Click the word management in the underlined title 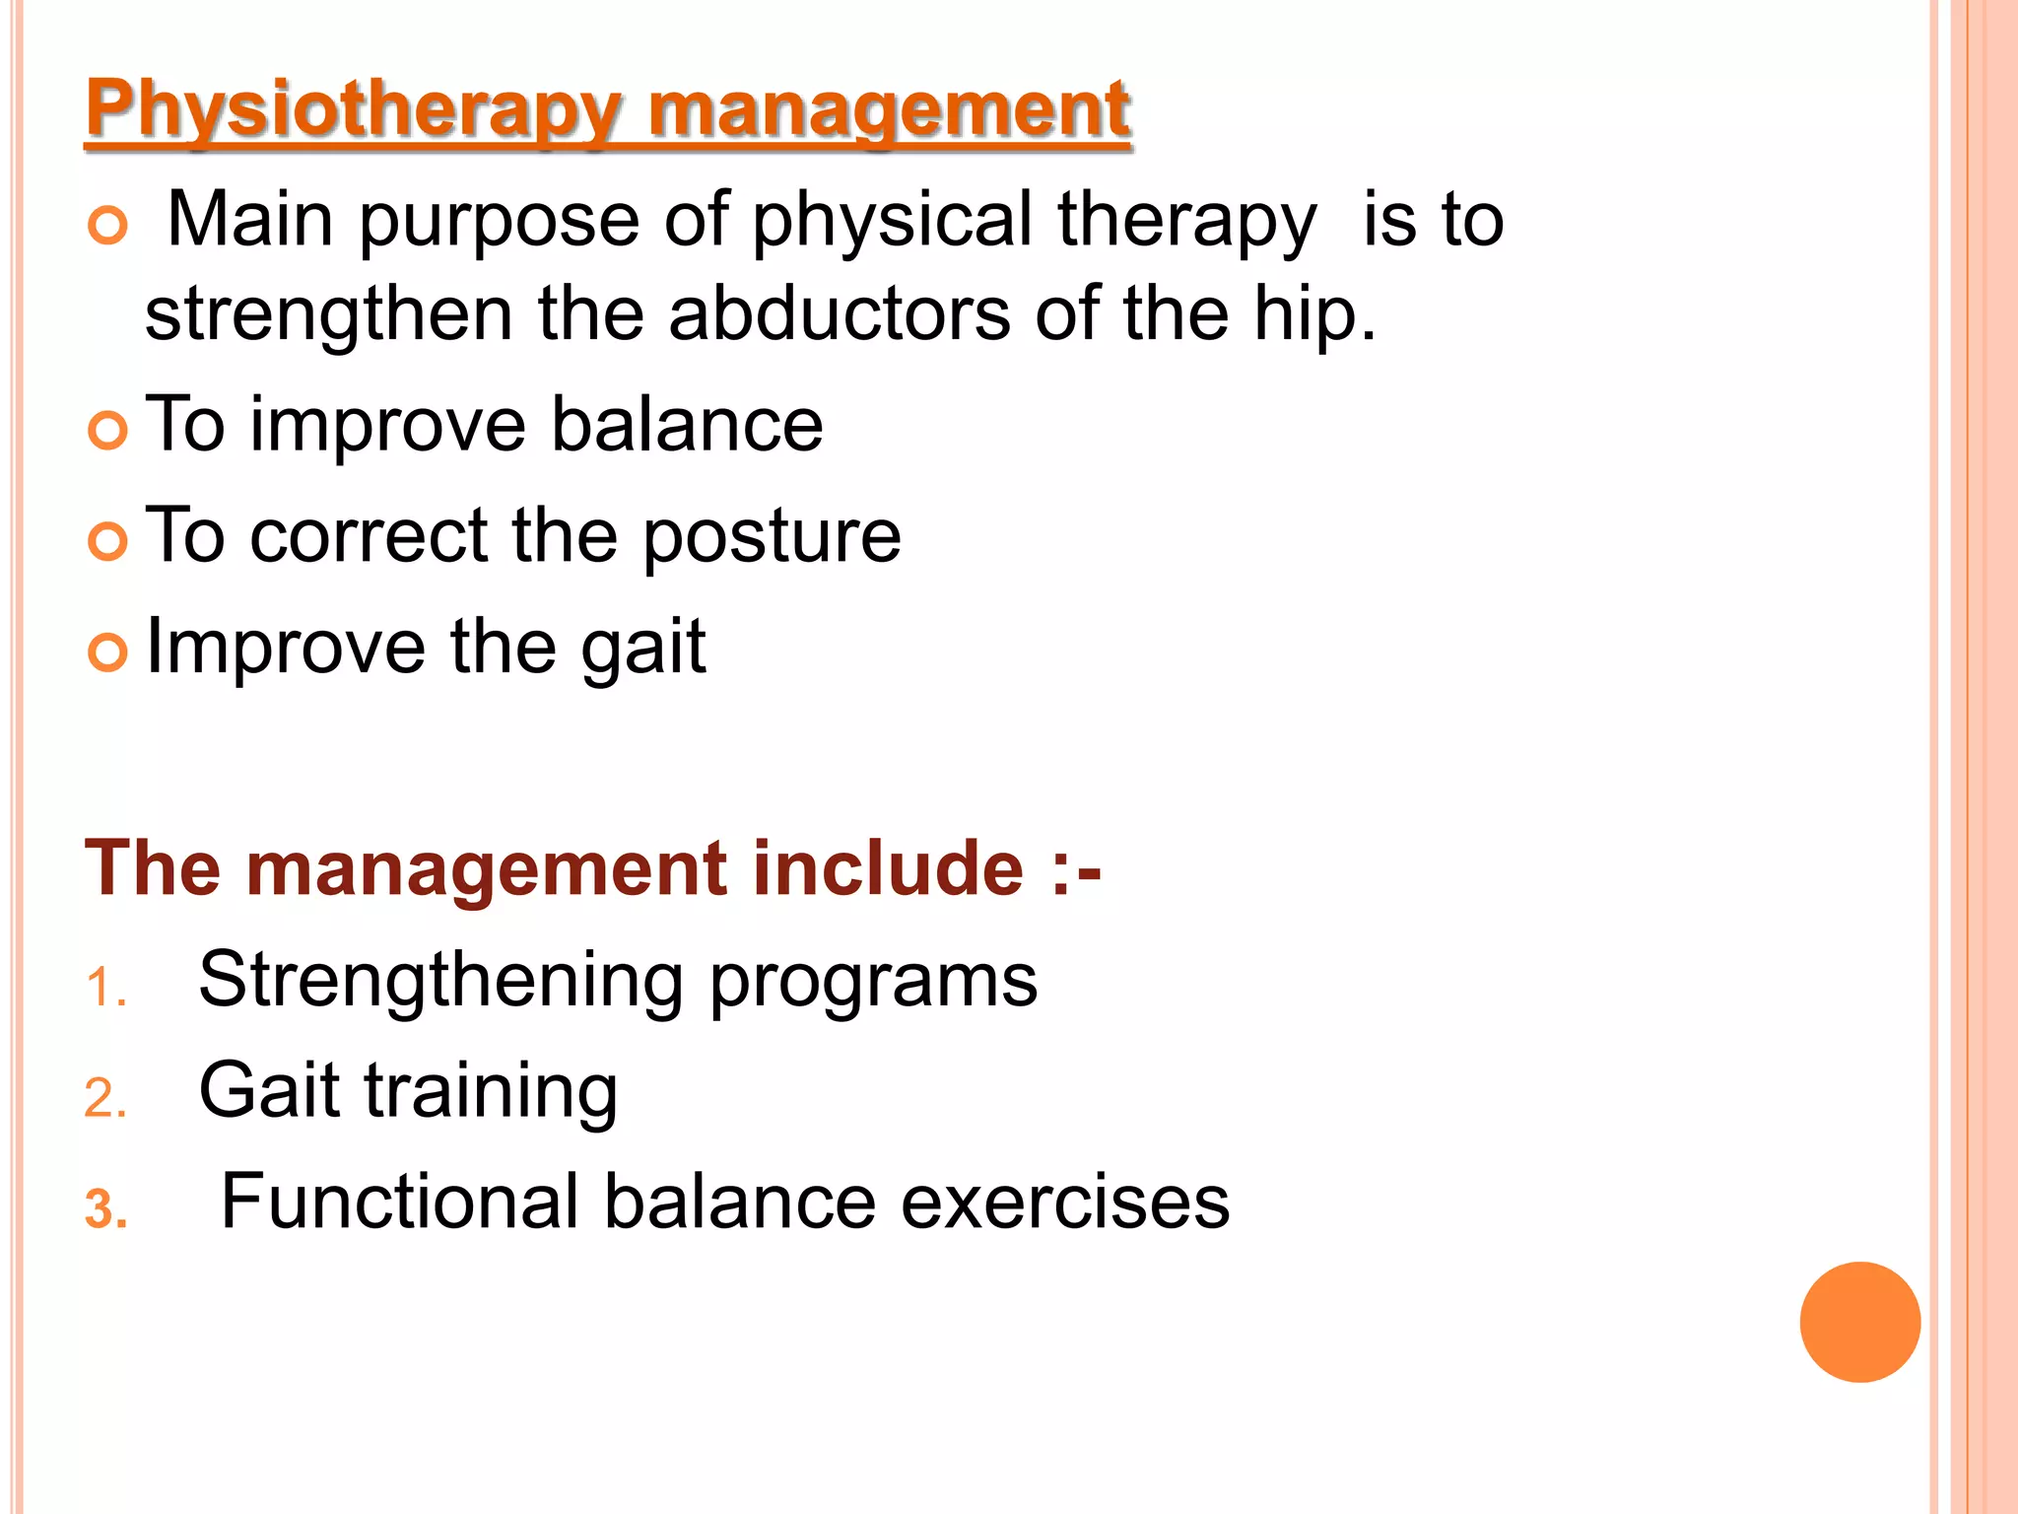[889, 110]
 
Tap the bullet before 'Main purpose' [107, 226]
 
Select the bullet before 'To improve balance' [107, 431]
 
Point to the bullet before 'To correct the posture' [107, 541]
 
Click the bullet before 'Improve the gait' [107, 653]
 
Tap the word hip [1313, 316]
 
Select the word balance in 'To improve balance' [686, 425]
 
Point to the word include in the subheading [888, 868]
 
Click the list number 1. [104, 988]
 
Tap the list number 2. [104, 1099]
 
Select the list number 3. [105, 1210]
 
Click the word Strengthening [440, 982]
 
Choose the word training [491, 1092]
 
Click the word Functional [399, 1202]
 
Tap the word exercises [1065, 1203]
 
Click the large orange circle [1859, 1322]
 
